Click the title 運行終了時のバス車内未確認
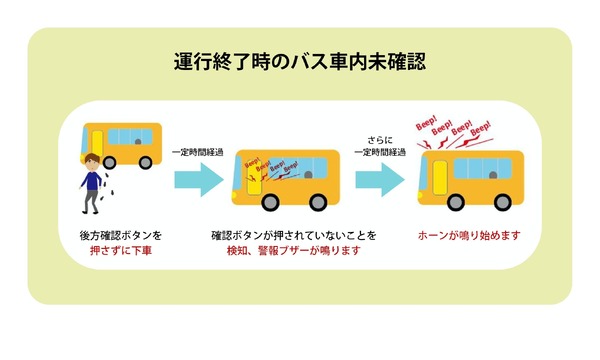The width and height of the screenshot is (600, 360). pos(300,63)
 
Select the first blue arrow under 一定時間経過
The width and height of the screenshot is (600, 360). pos(196,180)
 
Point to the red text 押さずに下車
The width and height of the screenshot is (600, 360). pos(119,251)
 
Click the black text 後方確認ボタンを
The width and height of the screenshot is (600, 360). pos(119,235)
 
